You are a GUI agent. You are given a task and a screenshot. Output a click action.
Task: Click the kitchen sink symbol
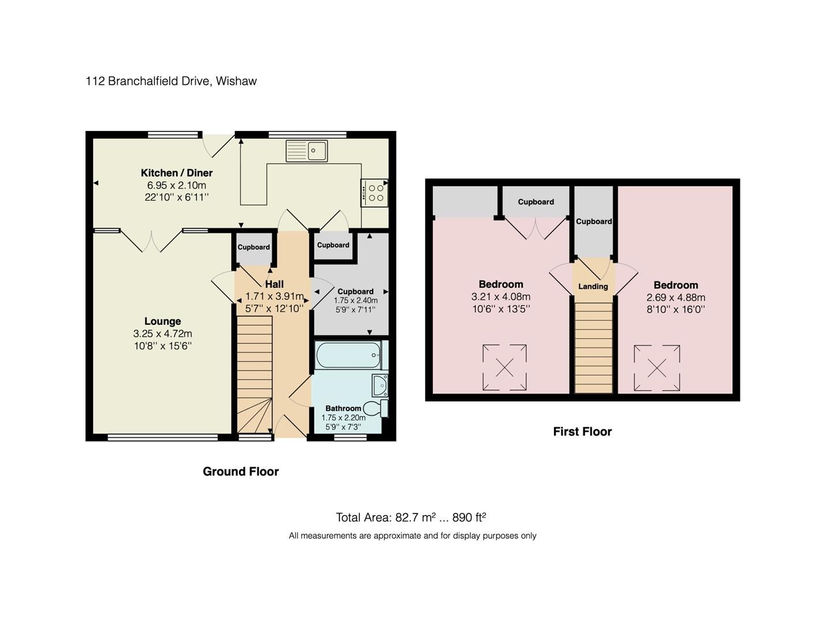coord(306,151)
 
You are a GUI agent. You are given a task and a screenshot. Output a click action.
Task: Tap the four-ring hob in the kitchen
coord(375,193)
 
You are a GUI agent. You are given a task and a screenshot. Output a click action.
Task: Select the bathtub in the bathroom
coord(348,355)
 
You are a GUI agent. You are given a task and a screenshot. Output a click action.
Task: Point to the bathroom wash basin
coord(380,385)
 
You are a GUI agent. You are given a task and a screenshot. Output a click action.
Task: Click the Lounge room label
coord(163,321)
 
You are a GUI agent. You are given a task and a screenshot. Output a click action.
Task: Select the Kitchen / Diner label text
coord(177,172)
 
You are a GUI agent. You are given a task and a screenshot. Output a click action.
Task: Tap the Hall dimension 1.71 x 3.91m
coord(274,297)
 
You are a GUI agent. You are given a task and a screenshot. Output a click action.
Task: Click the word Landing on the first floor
coord(593,287)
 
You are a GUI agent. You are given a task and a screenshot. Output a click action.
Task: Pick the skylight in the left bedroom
coord(504,367)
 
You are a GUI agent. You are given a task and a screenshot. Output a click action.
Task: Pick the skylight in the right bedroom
coord(657,368)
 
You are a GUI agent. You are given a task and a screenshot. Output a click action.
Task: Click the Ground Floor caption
coord(241,471)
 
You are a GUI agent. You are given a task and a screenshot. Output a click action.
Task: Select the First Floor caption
coord(582,431)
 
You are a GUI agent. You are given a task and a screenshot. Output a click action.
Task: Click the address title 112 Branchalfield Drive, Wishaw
coord(171,81)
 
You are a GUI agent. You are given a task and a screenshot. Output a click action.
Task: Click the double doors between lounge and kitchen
coord(152,241)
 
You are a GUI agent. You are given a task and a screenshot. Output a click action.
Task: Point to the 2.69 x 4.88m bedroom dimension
coord(676,298)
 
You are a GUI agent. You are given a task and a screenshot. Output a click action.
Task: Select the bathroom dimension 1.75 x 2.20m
coord(343,418)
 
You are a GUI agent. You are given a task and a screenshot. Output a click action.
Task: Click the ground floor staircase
coord(254,375)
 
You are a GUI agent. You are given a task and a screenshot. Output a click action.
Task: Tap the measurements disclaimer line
coord(413,536)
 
